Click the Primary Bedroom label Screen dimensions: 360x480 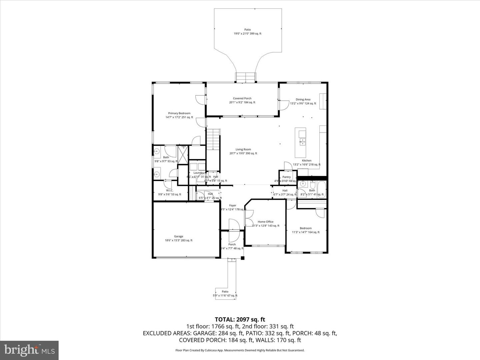tap(179, 113)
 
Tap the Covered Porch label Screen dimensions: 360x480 tap(242, 99)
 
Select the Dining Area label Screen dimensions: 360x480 tap(303, 99)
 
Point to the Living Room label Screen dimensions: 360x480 tap(243, 150)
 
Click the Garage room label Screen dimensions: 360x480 tap(178, 236)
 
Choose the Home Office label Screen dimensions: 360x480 tap(265, 222)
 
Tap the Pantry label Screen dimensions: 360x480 tap(286, 177)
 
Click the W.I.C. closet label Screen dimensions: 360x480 tap(169, 190)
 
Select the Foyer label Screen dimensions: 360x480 tap(233, 206)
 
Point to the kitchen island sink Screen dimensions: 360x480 tap(302, 143)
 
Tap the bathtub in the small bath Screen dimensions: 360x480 tap(321, 190)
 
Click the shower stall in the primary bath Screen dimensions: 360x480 tap(183, 155)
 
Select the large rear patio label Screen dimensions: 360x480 tap(247, 30)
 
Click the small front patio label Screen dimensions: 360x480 tap(225, 292)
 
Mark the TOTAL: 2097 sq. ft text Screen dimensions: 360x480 tap(240, 320)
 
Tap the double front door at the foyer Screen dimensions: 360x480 tap(233, 230)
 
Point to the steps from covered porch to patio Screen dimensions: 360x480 tap(246, 77)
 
